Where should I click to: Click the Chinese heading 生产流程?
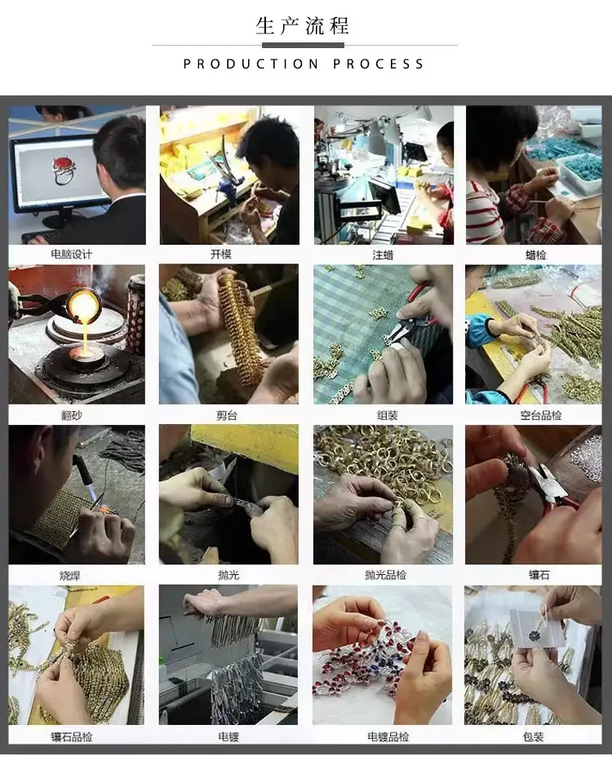(302, 26)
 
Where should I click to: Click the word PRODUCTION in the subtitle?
(251, 64)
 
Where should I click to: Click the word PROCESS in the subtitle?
(378, 64)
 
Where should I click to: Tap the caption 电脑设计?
(72, 254)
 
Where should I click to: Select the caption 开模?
(221, 254)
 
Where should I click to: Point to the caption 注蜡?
(383, 255)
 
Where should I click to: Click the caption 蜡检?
(536, 255)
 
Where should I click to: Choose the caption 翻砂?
(72, 415)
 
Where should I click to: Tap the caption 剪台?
(227, 415)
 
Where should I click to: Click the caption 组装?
(388, 415)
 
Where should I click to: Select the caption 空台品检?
(541, 415)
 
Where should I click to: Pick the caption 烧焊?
(69, 576)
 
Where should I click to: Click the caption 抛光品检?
(386, 575)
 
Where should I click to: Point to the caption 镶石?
(539, 575)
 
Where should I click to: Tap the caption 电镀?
(228, 736)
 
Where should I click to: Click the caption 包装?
(533, 736)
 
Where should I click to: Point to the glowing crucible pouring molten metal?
(83, 305)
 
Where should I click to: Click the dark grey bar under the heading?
(303, 45)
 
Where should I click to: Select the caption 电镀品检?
(388, 736)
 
